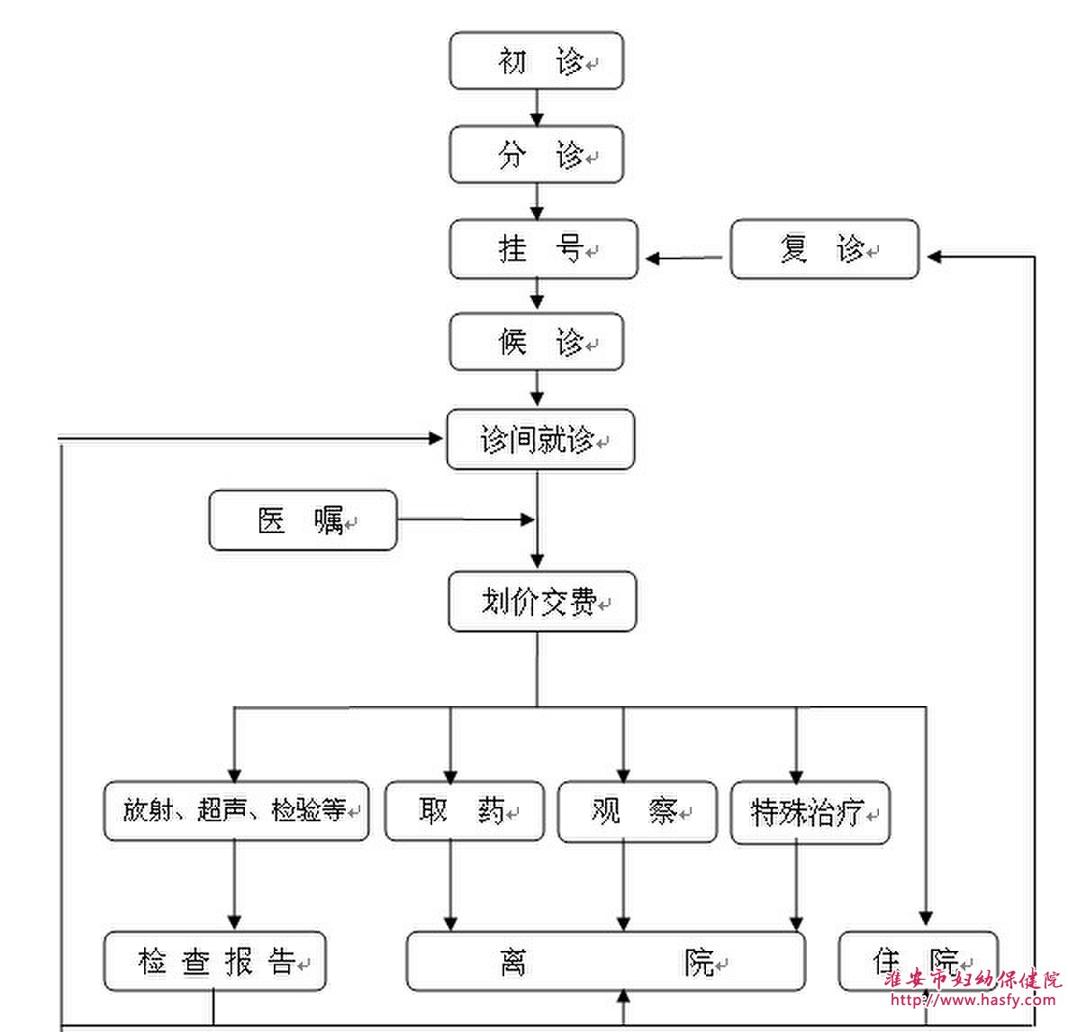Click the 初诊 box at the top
coord(537,61)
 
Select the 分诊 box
coord(537,155)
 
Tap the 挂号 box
coord(543,249)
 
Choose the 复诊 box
coord(824,249)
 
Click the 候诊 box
coord(537,342)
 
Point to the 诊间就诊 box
coord(540,440)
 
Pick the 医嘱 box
coord(303,521)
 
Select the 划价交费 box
coord(542,602)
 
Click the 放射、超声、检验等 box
coord(236,811)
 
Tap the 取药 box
coord(465,811)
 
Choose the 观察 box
coord(637,812)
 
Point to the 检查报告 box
coord(214,962)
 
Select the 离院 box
coord(606,962)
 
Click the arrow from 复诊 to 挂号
coord(684,258)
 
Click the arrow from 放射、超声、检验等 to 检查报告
coord(235,885)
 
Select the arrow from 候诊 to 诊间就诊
coord(538,389)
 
